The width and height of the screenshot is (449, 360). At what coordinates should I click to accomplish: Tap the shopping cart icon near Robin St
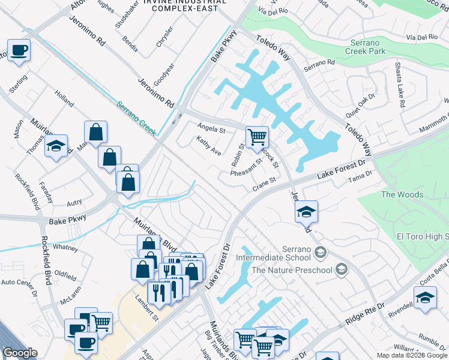coord(257,137)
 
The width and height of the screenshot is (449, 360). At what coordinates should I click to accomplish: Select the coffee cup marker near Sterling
coord(18,51)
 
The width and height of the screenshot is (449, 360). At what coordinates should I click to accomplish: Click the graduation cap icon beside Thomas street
coord(56,147)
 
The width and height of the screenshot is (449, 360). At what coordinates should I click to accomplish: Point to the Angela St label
coord(211,128)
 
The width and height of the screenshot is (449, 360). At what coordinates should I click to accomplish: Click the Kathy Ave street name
coord(208,145)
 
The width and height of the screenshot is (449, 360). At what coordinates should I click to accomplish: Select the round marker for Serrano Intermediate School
coord(320,251)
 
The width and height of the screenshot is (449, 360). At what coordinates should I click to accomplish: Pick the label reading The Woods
coord(402,194)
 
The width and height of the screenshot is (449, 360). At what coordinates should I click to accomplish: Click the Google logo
coord(20,353)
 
